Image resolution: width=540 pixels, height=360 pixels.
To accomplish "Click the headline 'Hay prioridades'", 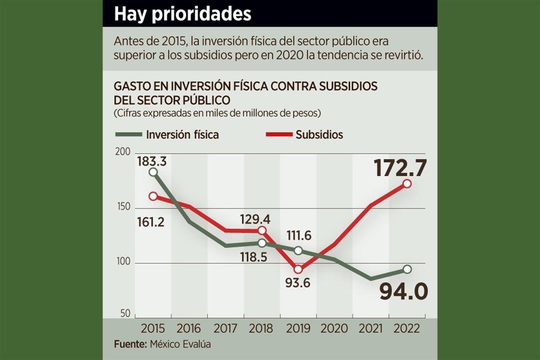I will coord(182,14).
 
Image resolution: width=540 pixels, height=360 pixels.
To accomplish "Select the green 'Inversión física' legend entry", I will coord(167,134).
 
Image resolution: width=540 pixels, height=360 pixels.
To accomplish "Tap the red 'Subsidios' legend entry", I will coord(304,134).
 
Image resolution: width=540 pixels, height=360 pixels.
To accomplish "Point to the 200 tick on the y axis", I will coord(123,152).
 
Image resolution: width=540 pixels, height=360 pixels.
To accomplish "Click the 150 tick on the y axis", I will coord(123,207).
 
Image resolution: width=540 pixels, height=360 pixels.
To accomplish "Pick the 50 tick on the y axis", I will coord(125,313).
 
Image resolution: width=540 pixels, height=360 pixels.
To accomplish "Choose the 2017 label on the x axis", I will coord(225,328).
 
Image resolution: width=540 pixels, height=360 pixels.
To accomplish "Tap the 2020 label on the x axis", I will coord(334,328).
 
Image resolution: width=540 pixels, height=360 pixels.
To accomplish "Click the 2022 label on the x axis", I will coord(407,328).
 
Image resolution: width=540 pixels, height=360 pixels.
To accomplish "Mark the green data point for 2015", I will coord(153,172).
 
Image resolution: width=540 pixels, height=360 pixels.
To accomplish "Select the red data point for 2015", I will coord(153,196).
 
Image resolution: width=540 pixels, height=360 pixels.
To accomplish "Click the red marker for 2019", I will coord(298,269).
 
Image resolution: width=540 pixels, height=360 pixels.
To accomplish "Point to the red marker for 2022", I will coord(407,184).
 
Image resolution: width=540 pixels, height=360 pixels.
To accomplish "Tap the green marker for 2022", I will coord(407,269).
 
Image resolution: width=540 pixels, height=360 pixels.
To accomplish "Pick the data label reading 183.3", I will coord(151,161).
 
